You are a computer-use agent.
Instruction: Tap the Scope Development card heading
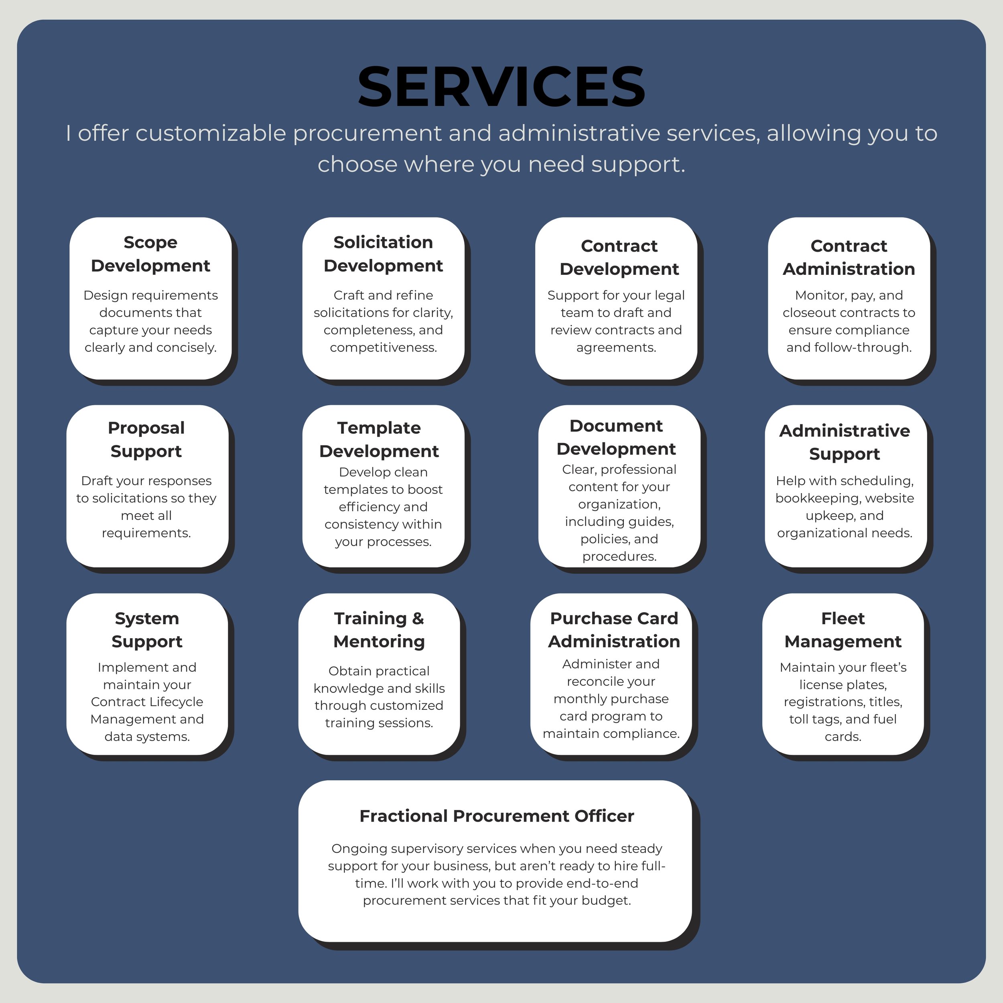point(150,254)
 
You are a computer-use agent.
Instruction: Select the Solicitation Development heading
point(383,254)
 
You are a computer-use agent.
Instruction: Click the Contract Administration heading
point(849,258)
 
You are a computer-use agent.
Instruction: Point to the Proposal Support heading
point(146,439)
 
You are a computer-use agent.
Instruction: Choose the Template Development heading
point(379,439)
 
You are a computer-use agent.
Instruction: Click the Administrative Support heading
point(845,442)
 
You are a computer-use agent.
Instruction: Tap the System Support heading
point(147,630)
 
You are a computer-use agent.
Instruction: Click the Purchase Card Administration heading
point(614,630)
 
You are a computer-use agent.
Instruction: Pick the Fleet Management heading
point(843,630)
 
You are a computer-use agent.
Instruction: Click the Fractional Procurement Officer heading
point(497,816)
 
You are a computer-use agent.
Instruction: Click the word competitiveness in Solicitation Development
point(383,347)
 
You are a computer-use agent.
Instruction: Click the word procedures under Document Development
point(619,556)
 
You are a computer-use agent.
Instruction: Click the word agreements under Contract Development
point(616,347)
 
